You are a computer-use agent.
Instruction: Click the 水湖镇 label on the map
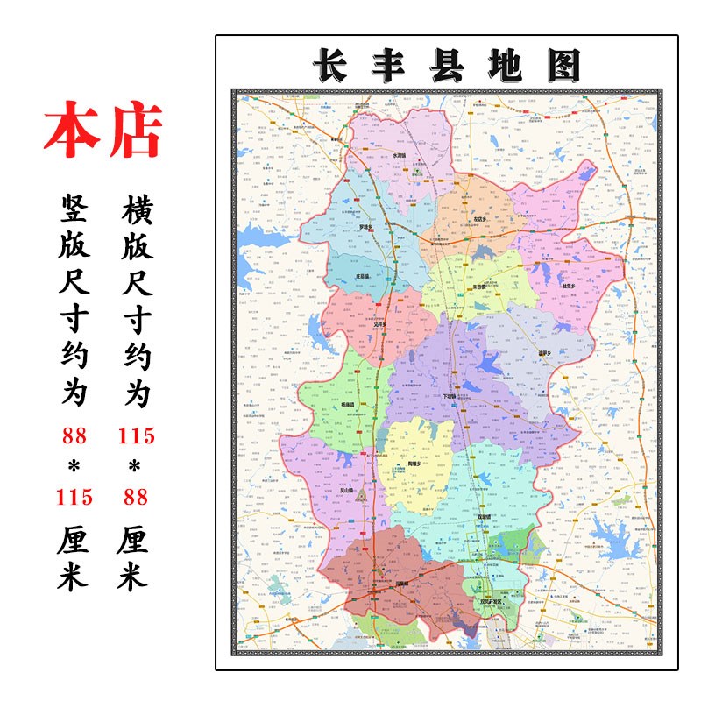(400, 156)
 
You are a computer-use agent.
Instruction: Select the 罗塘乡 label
(366, 227)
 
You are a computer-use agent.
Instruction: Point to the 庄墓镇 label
(363, 276)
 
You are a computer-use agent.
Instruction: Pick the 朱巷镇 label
(479, 287)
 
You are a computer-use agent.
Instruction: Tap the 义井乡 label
(379, 323)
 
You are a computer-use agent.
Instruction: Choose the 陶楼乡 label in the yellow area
(414, 464)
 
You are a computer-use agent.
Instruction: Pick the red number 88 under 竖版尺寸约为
(74, 435)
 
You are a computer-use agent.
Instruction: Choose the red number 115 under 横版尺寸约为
(135, 435)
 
